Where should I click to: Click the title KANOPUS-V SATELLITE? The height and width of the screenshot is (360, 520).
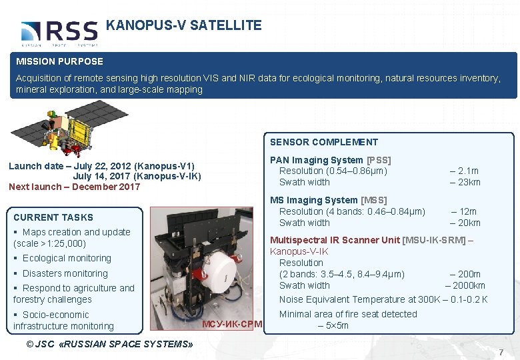point(183,26)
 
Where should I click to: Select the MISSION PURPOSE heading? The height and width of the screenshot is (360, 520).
point(60,61)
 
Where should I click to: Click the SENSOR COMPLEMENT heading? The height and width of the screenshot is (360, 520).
point(323,142)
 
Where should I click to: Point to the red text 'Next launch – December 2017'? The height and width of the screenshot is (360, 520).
point(75,187)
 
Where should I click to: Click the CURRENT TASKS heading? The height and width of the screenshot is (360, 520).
point(53,217)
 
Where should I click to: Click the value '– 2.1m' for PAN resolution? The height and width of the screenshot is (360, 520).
point(464,171)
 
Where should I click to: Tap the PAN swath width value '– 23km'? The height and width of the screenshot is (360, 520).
point(465,182)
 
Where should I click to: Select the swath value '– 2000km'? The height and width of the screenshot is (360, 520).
point(465,285)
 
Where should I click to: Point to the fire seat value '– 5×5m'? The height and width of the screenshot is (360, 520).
point(333,325)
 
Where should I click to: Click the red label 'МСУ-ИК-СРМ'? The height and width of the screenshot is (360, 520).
point(231,325)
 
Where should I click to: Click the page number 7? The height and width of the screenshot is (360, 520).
point(501,351)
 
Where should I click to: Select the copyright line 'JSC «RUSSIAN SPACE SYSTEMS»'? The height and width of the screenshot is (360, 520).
point(109,344)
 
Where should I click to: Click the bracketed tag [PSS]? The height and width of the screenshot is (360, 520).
point(379,160)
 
